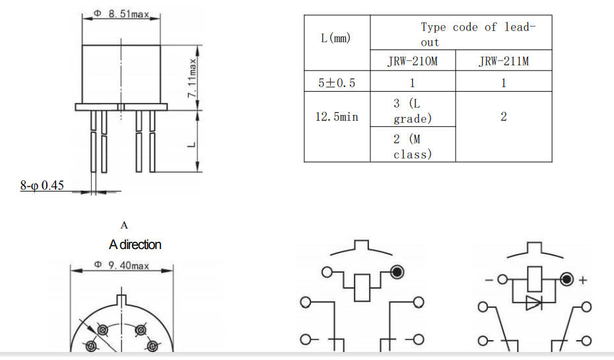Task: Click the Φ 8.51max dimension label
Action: tap(121, 14)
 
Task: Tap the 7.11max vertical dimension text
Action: tap(193, 77)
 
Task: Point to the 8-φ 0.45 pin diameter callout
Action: tap(42, 186)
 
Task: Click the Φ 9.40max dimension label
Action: tap(121, 266)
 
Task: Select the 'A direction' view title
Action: tap(135, 244)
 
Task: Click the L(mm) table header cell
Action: tap(336, 38)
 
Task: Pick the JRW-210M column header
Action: tap(412, 62)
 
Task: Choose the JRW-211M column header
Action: tap(503, 62)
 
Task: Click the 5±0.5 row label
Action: tap(337, 83)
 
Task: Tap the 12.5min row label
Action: tap(337, 117)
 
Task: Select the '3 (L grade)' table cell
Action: tap(412, 110)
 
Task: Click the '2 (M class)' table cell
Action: tap(412, 146)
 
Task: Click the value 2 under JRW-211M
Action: tap(503, 117)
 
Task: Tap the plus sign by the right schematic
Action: tap(583, 280)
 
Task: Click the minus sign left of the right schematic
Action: tap(488, 280)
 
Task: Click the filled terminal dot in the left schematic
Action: tap(397, 272)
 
